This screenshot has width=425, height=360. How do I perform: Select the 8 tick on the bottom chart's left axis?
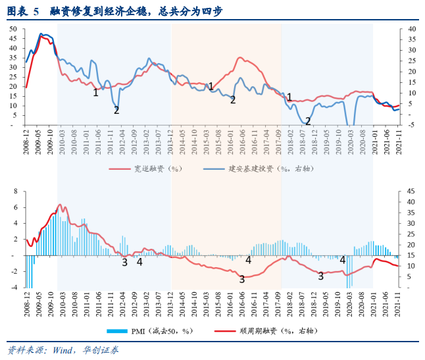coord(17,192)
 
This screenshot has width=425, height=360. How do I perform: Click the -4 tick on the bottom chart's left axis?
coord(16,288)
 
